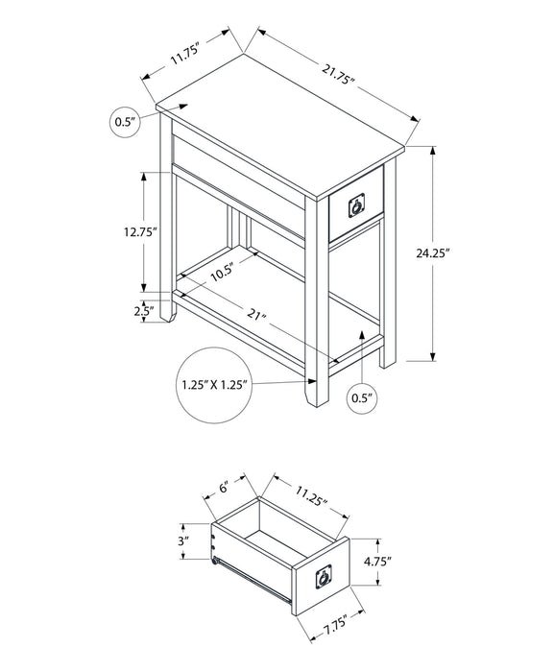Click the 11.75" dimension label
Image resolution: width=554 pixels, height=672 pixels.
click(x=186, y=55)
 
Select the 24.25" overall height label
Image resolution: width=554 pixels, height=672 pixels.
click(x=432, y=252)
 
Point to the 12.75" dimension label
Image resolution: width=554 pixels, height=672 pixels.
click(x=140, y=232)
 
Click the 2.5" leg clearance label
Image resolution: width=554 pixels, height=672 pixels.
click(x=144, y=311)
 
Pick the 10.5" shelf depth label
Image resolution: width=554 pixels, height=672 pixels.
click(x=222, y=273)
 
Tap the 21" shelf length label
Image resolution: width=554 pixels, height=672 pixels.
click(x=256, y=316)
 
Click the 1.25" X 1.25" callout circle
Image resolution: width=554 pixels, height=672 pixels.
click(x=214, y=385)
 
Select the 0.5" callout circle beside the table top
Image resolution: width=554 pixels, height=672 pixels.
click(x=125, y=122)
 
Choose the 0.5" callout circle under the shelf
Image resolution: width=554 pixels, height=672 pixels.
click(x=362, y=398)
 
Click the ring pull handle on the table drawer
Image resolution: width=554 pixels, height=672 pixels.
click(x=357, y=205)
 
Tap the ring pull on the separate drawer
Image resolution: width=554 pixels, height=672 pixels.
click(x=324, y=577)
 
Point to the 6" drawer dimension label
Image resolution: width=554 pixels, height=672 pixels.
click(x=223, y=488)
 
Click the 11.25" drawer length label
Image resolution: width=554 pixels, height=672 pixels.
click(x=311, y=495)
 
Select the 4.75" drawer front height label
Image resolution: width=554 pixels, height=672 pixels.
click(x=377, y=562)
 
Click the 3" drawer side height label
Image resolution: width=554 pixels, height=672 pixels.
click(x=183, y=540)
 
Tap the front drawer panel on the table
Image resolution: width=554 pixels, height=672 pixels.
click(x=356, y=204)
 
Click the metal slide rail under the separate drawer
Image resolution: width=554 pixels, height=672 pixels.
click(x=253, y=580)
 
